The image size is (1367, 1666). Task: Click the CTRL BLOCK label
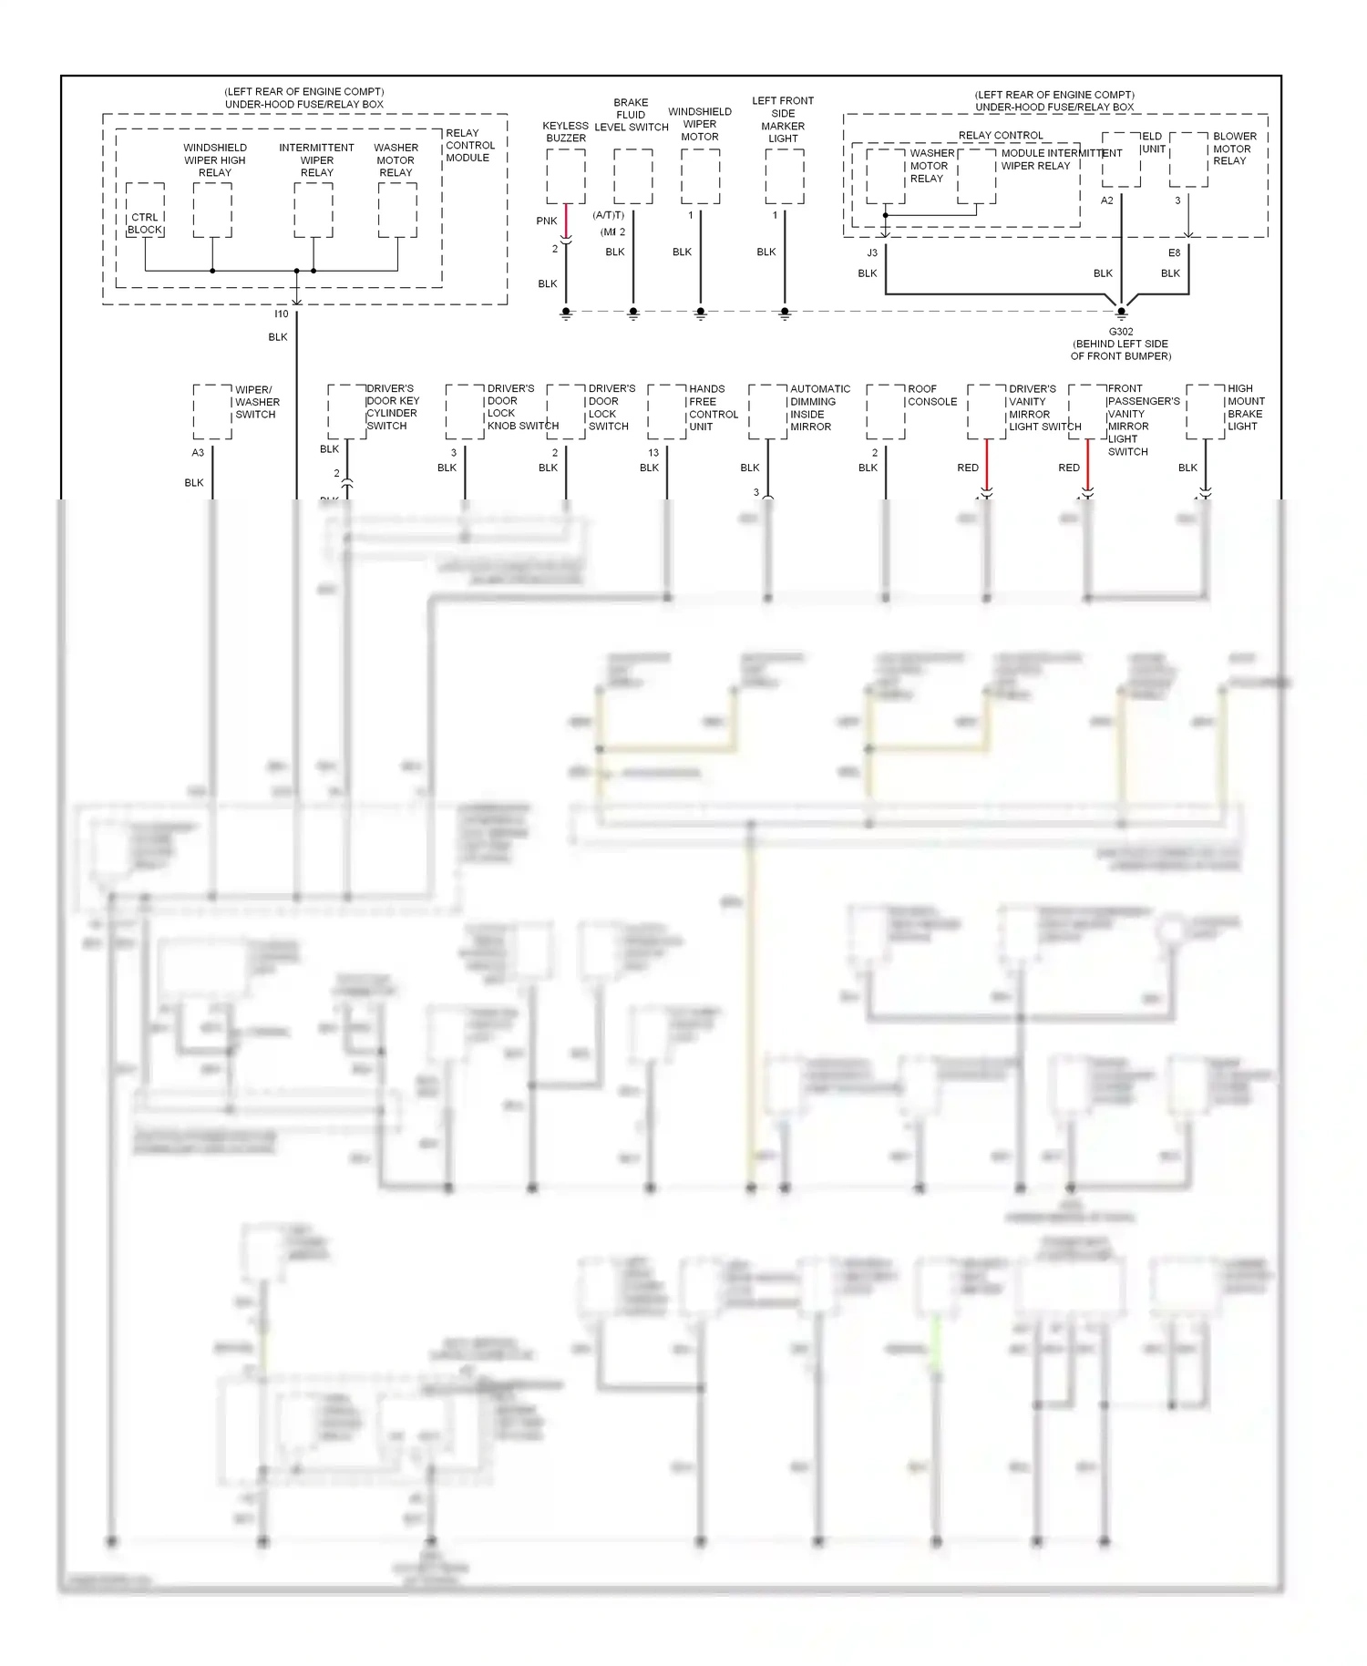[x=145, y=223]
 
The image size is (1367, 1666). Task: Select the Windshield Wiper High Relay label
[x=215, y=159]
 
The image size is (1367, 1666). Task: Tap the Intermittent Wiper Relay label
[x=316, y=159]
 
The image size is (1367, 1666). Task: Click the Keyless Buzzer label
[x=566, y=132]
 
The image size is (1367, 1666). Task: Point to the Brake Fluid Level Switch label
[x=632, y=115]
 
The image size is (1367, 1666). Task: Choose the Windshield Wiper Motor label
[x=700, y=124]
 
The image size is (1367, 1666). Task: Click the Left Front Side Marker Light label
[x=783, y=119]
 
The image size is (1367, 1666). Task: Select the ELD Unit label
[x=1153, y=142]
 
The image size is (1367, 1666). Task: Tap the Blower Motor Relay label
[x=1234, y=149]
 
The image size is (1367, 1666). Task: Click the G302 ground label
[x=1121, y=332]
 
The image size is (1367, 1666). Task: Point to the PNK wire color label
[x=547, y=221]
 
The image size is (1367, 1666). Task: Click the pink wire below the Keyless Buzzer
[x=566, y=220]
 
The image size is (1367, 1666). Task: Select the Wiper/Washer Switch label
[x=257, y=402]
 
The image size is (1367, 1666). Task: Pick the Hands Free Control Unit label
[x=713, y=407]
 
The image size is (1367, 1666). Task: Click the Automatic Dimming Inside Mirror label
[x=819, y=407]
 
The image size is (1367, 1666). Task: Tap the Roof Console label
[x=931, y=395]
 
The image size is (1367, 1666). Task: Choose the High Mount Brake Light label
[x=1245, y=407]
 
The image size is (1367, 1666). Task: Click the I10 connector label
[x=282, y=314]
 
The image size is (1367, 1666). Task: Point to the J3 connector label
[x=872, y=252]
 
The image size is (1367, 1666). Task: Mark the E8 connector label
[x=1174, y=252]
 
